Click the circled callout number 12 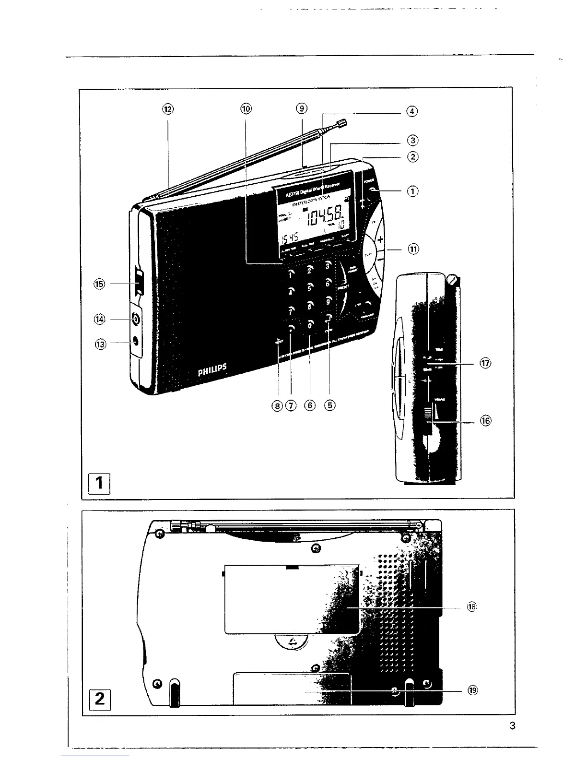pos(168,109)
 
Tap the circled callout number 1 pos(412,191)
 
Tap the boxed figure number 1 pos(100,484)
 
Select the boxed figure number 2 pos(100,698)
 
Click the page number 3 pos(513,726)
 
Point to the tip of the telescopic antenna pos(342,124)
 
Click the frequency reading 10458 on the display pos(326,222)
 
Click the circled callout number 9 pos(301,108)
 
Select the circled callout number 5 pos(330,405)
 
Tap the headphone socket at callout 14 pos(136,319)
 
